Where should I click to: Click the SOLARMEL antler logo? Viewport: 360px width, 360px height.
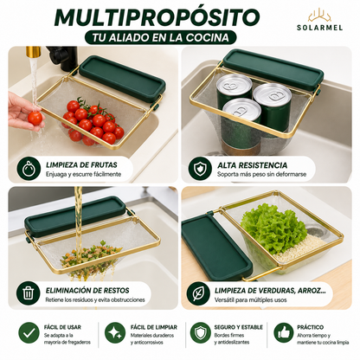[x=319, y=16]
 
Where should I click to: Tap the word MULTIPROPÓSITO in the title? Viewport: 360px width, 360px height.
[x=157, y=17]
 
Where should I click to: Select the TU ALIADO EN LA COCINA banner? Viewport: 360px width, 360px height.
[x=161, y=37]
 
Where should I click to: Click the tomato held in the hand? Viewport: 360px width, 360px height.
[x=35, y=118]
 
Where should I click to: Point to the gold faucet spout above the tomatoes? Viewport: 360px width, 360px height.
[x=33, y=51]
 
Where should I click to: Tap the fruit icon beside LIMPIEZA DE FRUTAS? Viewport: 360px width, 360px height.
[x=29, y=169]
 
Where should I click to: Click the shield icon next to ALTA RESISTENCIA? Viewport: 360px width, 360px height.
[x=200, y=169]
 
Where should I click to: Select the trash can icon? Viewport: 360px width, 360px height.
[x=28, y=294]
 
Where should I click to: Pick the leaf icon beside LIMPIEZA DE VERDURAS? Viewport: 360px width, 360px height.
[x=198, y=294]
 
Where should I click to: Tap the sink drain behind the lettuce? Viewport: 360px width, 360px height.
[x=318, y=230]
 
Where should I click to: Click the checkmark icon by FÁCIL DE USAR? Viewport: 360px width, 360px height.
[x=29, y=334]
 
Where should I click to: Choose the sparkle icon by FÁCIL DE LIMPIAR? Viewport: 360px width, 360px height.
[x=115, y=334]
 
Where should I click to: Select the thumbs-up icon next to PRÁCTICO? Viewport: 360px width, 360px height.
[x=284, y=334]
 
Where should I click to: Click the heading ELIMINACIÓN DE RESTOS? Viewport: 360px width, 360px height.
[x=87, y=290]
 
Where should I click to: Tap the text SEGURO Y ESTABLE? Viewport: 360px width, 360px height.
[x=239, y=327]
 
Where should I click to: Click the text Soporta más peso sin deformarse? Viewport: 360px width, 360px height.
[x=261, y=174]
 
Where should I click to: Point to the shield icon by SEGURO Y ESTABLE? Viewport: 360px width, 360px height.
[x=201, y=334]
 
